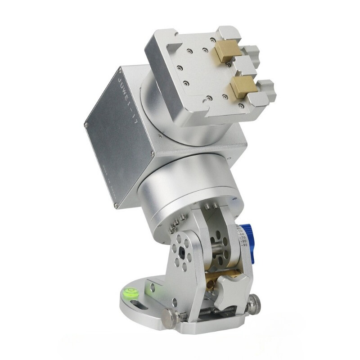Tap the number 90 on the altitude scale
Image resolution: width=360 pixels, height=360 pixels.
click(244, 245)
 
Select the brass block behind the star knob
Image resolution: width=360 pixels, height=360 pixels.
click(211, 276)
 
